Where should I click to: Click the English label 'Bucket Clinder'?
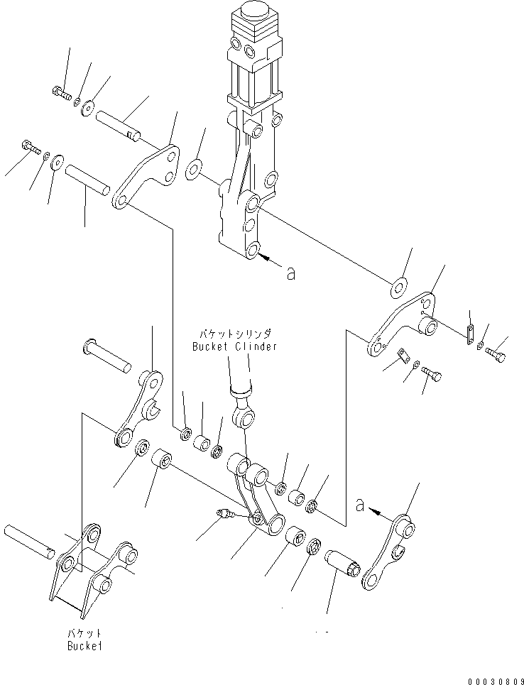(234, 346)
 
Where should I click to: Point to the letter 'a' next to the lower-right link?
(360, 505)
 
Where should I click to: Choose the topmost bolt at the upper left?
(60, 91)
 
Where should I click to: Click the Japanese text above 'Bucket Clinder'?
(234, 332)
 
